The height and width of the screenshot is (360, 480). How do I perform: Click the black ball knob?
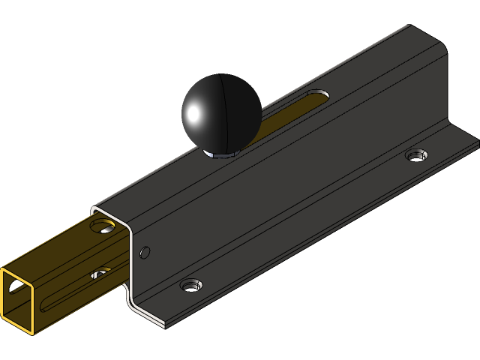click(221, 112)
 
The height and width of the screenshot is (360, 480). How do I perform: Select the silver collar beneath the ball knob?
click(220, 154)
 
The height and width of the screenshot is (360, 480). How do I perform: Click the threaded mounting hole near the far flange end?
click(416, 155)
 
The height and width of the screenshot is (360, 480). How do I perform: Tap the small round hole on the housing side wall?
click(145, 252)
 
